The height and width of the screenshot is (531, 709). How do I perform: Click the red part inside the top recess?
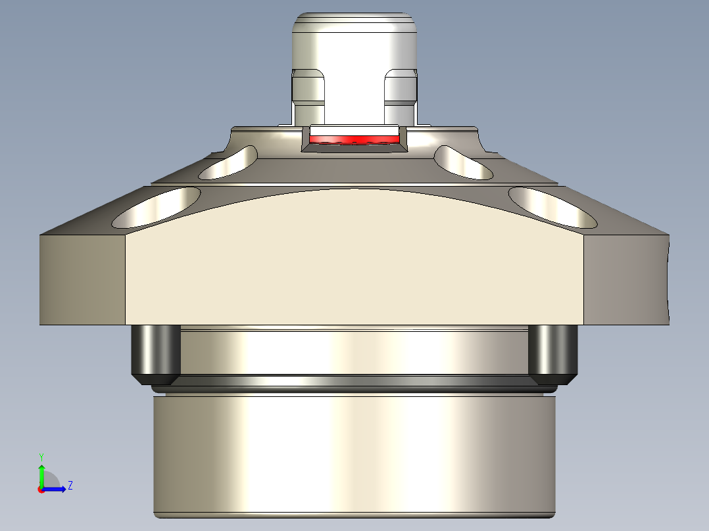click(354, 140)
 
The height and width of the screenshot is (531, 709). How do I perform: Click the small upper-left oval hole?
click(229, 162)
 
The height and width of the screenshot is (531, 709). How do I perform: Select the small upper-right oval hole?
click(462, 162)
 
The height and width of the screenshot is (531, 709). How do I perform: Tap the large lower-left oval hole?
click(157, 207)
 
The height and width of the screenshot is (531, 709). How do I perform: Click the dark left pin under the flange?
click(157, 352)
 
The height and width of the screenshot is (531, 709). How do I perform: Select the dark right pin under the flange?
click(552, 352)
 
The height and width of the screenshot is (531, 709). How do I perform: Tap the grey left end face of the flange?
click(82, 279)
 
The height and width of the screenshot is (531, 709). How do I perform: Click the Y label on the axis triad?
click(41, 456)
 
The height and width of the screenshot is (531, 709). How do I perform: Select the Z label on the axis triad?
click(70, 486)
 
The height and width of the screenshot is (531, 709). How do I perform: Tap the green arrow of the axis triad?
click(41, 474)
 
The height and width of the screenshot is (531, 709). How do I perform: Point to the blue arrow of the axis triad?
click(57, 489)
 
